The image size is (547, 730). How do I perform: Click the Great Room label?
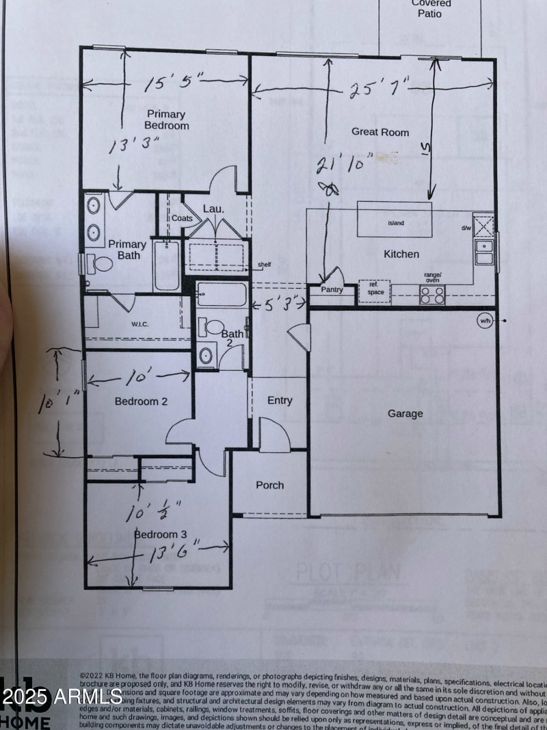tap(380, 132)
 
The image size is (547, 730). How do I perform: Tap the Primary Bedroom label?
tap(166, 120)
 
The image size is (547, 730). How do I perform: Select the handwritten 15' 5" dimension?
tap(174, 83)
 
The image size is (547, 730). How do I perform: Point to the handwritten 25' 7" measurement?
tap(379, 90)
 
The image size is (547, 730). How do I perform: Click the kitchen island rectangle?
tap(395, 219)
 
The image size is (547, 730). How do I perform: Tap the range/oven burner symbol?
tap(431, 295)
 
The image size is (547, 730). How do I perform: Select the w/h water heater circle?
tap(485, 320)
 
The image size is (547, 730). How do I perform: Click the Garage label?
tap(405, 413)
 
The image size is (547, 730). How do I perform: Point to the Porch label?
tap(269, 485)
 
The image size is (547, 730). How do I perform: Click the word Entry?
tap(280, 400)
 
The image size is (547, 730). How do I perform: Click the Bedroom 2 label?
tap(141, 402)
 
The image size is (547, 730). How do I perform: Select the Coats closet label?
tap(182, 218)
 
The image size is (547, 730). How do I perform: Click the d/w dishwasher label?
tap(466, 228)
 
